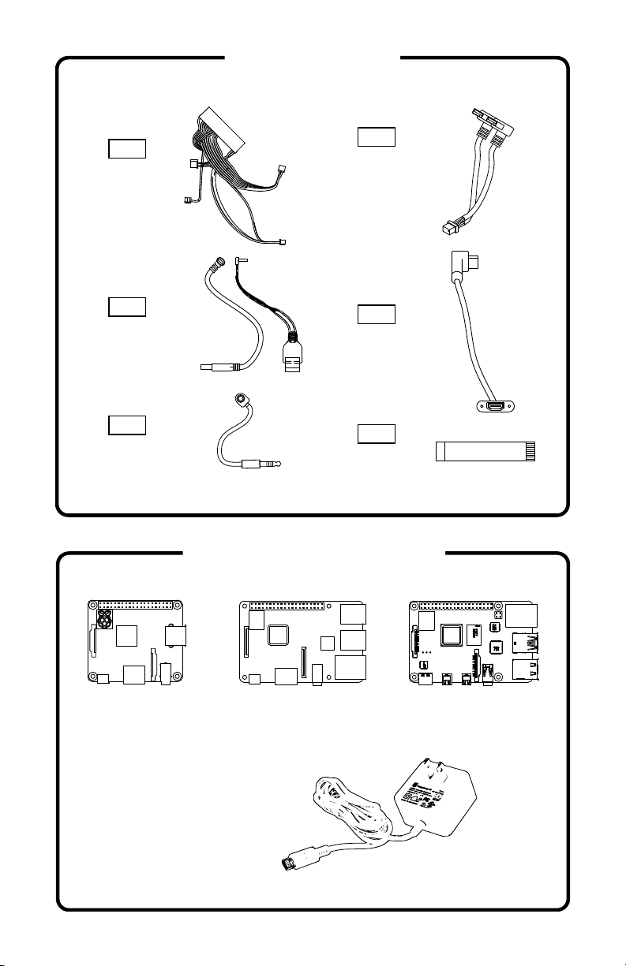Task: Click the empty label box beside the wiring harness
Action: [x=126, y=148]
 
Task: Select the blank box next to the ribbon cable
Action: [x=376, y=434]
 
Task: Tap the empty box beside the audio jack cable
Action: [x=126, y=425]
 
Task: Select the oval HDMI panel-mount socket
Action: [x=497, y=407]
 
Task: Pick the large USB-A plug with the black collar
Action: [x=292, y=359]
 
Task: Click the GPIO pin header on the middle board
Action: [x=287, y=608]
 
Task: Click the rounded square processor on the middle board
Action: [x=279, y=636]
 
